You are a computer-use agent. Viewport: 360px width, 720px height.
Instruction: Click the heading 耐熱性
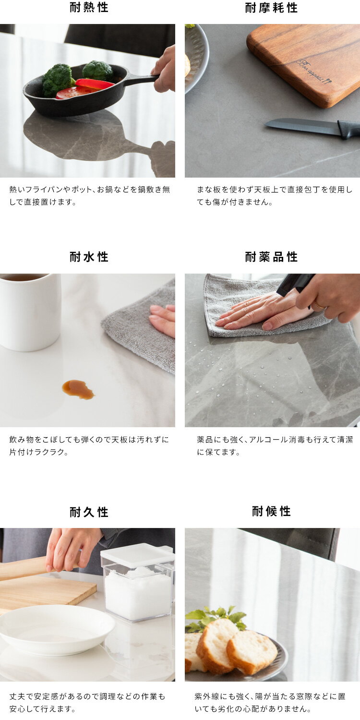coord(89,7)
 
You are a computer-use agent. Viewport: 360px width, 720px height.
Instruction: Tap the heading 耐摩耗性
coord(271,7)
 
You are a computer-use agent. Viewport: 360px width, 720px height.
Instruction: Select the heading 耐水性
coord(89,257)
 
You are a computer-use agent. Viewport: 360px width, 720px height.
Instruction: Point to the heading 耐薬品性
coord(271,257)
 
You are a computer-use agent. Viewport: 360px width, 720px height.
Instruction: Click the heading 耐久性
coord(89,512)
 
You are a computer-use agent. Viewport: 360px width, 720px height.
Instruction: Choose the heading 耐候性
coord(271,511)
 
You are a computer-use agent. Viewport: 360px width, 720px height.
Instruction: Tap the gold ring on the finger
coord(319,304)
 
